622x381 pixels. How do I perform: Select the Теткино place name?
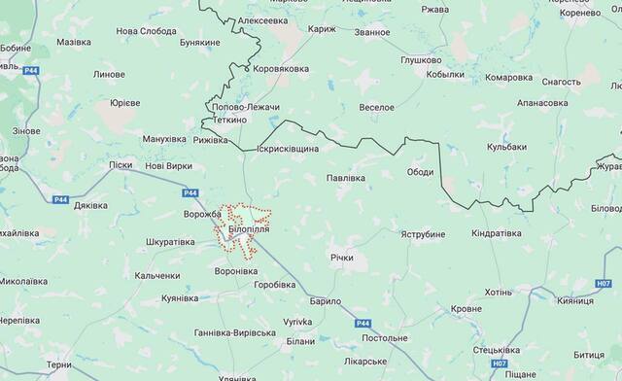click(x=224, y=120)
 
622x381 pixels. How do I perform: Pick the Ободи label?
click(x=420, y=172)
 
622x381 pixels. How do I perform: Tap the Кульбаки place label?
click(x=505, y=146)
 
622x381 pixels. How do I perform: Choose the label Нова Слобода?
click(x=147, y=31)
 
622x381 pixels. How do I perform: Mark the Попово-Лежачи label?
click(x=238, y=106)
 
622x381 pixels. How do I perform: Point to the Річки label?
click(x=341, y=259)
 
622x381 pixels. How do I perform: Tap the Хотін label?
click(x=497, y=292)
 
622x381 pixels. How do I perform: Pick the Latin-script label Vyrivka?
click(x=296, y=321)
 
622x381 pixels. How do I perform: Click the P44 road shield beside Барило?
click(x=363, y=323)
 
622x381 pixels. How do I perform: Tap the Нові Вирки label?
click(x=168, y=167)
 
